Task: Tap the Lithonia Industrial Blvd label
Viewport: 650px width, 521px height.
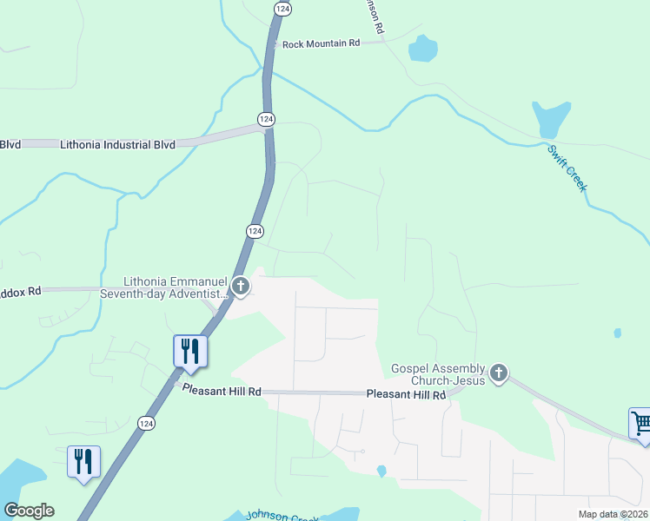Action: point(118,145)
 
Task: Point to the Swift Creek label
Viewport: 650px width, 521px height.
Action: point(567,168)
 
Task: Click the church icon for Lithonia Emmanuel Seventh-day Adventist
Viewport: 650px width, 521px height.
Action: point(240,286)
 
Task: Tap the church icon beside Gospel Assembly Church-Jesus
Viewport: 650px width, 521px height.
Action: point(499,373)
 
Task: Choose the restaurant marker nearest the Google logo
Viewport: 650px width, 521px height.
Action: point(84,462)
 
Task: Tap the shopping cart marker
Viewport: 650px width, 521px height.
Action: point(641,425)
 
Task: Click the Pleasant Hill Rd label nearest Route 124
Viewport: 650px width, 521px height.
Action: point(222,392)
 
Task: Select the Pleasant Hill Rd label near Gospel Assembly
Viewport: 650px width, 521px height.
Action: point(406,394)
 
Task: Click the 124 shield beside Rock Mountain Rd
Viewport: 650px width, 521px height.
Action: point(282,8)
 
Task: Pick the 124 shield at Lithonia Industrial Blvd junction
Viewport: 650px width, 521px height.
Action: point(266,118)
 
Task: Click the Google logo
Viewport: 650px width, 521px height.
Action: point(29,511)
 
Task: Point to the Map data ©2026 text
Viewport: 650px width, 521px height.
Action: point(613,514)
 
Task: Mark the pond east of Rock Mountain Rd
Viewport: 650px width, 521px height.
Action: point(422,49)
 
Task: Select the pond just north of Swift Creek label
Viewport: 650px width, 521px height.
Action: point(551,117)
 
